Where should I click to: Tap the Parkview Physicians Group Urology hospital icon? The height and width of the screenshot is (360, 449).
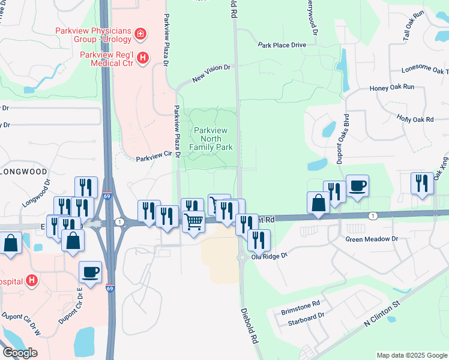click(x=140, y=34)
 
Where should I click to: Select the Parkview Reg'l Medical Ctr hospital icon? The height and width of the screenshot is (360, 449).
click(x=143, y=58)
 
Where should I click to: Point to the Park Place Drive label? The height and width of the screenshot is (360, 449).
click(x=282, y=45)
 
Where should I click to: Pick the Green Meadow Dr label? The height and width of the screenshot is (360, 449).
click(x=372, y=239)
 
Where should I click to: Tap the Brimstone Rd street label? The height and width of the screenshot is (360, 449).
click(x=301, y=307)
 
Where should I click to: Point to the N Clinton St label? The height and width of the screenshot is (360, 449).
click(x=382, y=315)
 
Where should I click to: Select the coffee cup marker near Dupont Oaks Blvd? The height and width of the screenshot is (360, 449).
click(x=357, y=185)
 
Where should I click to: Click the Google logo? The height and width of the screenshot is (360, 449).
click(x=20, y=353)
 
